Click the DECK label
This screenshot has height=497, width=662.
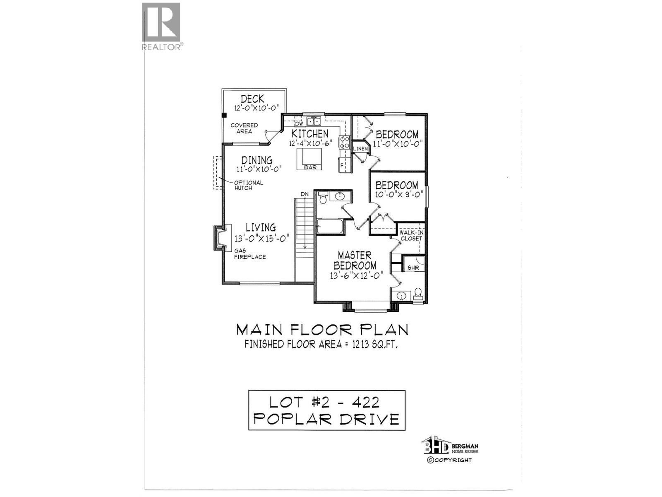(x=252, y=99)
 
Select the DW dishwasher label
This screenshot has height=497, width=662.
(x=300, y=124)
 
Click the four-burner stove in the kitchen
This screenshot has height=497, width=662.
(x=344, y=142)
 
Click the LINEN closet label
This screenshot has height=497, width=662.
(x=360, y=149)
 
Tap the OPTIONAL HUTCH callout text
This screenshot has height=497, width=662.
(x=248, y=185)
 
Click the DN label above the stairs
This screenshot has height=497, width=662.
(x=305, y=194)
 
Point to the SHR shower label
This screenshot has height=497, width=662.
(x=413, y=268)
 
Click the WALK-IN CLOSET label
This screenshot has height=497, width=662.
(x=411, y=235)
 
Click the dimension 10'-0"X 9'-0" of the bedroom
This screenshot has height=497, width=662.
(x=396, y=194)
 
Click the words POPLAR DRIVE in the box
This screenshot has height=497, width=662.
(x=326, y=419)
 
